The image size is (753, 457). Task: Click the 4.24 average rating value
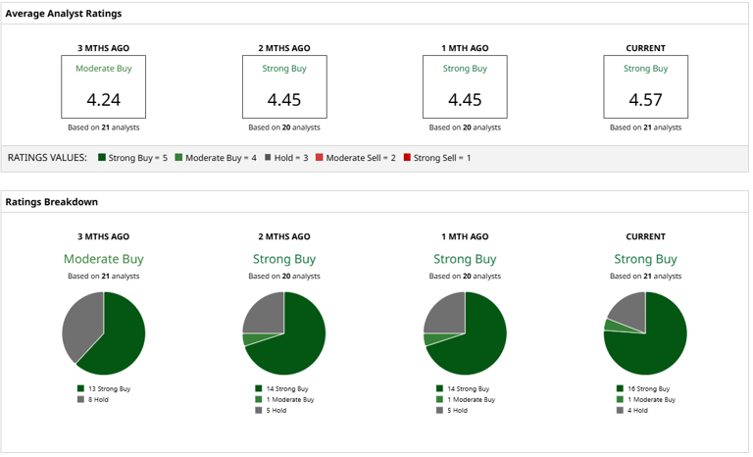[103, 100]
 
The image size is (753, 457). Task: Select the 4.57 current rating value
[645, 100]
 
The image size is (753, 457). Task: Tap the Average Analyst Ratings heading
[64, 14]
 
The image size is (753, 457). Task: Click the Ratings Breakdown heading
[51, 202]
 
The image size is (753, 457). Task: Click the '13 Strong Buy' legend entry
[104, 388]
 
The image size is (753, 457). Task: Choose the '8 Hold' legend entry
[93, 399]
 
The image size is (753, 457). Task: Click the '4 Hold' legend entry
[632, 410]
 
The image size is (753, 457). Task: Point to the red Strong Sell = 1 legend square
[407, 157]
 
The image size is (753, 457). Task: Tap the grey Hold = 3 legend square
[268, 157]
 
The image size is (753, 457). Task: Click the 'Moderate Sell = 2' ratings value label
[361, 158]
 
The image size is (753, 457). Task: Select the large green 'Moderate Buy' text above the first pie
[104, 259]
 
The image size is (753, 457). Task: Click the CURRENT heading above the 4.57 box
[645, 48]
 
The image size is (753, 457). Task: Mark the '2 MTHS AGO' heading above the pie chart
[284, 236]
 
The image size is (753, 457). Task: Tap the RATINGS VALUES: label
[47, 158]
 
